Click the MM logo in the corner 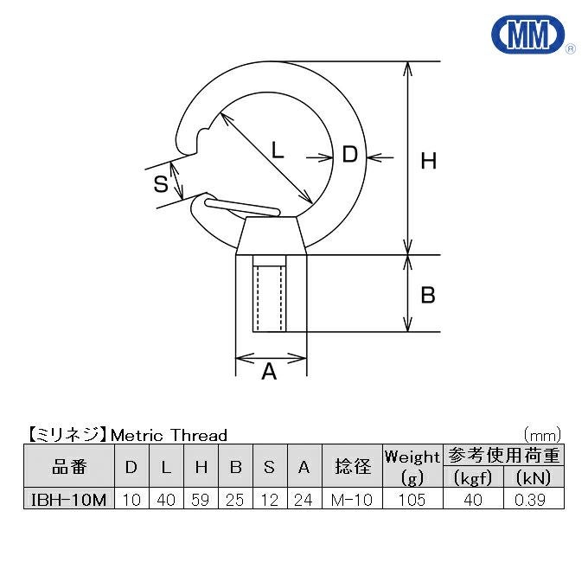528,35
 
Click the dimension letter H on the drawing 428,160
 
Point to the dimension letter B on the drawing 427,296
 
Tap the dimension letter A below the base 269,373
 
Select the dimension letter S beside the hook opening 160,183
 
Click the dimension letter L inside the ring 277,150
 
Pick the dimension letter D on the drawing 349,156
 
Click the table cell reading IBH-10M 68,500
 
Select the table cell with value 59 201,500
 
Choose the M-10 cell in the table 352,500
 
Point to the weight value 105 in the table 412,500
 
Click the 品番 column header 68,467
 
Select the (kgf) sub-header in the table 472,478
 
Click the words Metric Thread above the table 170,435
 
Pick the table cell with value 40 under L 166,500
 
